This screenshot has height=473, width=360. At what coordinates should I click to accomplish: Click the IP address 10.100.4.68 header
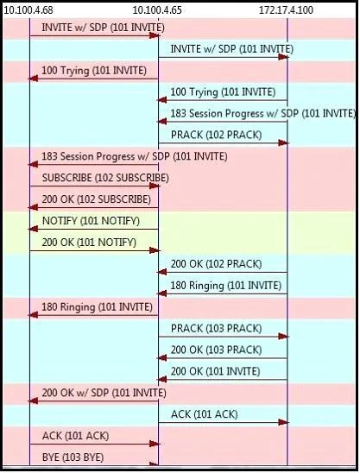pos(28,10)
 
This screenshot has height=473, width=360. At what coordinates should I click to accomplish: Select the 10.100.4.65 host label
pos(157,10)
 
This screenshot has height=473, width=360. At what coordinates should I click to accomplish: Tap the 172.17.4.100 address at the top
pos(286,10)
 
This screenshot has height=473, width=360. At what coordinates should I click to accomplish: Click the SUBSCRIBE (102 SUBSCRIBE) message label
pos(105,178)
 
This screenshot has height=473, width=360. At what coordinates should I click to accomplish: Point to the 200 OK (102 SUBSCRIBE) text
pos(97,199)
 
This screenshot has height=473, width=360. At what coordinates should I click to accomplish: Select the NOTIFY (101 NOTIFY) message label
pos(91,221)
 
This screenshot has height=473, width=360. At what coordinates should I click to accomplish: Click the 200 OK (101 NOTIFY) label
pos(89,243)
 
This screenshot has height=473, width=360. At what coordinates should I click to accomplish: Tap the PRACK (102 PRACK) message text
pos(216,135)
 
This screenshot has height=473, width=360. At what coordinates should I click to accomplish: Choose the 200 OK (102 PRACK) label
pos(216,264)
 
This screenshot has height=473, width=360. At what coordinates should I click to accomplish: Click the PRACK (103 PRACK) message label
pos(216,328)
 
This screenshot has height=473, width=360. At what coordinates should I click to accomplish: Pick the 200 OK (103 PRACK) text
pos(216,350)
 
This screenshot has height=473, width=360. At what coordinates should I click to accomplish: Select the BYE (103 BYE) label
pos(73,457)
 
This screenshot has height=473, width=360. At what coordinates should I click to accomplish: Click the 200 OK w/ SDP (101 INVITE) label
pos(104,393)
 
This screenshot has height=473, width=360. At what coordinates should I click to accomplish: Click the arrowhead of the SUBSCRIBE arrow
pos(155,186)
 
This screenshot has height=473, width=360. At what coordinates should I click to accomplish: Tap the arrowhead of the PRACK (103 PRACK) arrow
pos(284,337)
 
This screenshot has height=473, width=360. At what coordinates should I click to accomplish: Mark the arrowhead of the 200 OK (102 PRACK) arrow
pos(161,272)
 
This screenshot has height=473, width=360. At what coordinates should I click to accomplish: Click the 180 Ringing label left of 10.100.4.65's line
pos(98,307)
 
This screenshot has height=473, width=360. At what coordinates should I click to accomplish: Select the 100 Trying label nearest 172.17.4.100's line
pos(223,92)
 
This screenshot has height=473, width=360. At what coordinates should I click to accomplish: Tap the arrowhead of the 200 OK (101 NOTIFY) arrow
pos(155,250)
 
